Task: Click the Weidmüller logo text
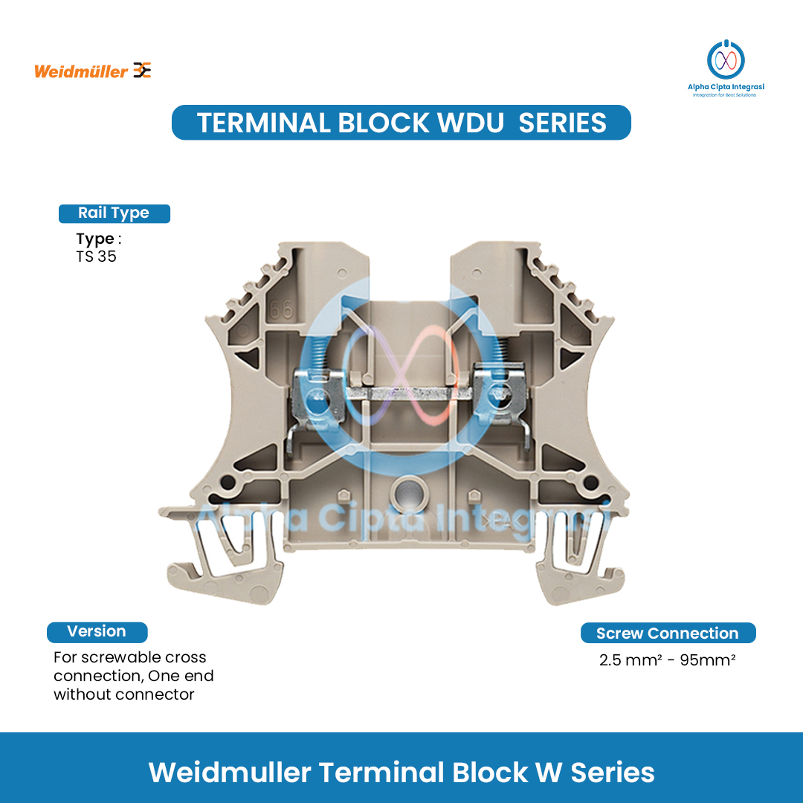click(x=81, y=72)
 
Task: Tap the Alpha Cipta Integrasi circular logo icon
click(x=726, y=59)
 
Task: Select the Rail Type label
click(x=114, y=213)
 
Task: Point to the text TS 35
click(x=97, y=257)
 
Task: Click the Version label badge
click(x=97, y=632)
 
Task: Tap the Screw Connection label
click(x=668, y=633)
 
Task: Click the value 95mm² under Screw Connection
click(x=708, y=660)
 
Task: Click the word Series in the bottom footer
click(x=613, y=773)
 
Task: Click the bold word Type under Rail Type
click(x=94, y=239)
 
